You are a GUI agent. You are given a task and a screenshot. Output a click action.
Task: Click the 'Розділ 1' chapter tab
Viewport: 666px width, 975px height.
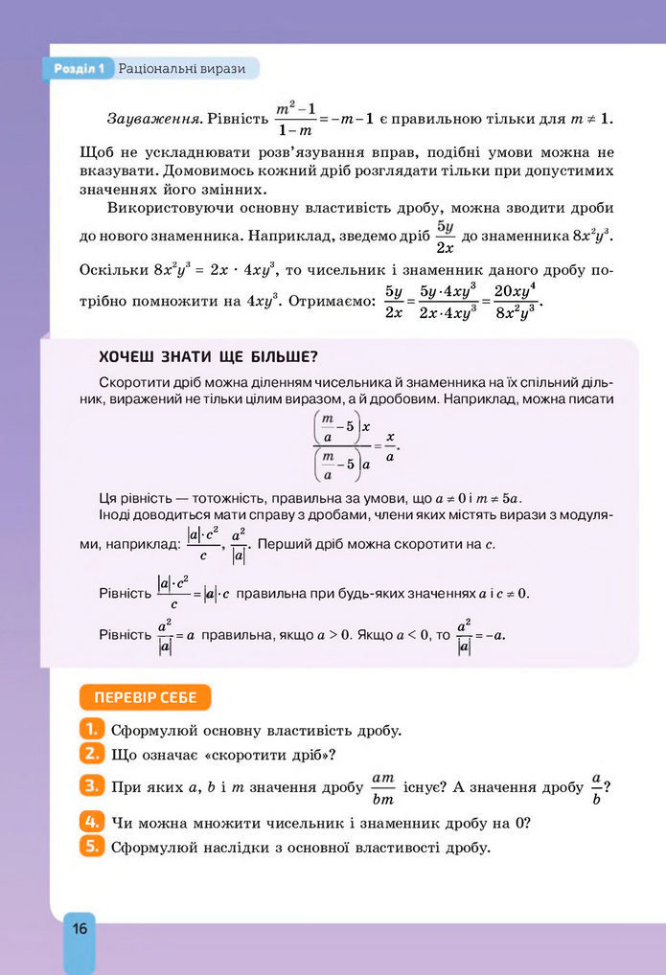(x=79, y=69)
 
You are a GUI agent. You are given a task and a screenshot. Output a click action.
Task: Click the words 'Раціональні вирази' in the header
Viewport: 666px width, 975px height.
(x=181, y=69)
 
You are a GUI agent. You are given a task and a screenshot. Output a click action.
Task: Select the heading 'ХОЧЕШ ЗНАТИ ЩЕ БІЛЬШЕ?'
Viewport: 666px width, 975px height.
(x=208, y=357)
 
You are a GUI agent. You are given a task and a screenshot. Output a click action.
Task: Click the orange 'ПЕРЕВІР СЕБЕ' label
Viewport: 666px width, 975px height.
(x=144, y=695)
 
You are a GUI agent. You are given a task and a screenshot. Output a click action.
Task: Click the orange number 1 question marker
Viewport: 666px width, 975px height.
(x=92, y=729)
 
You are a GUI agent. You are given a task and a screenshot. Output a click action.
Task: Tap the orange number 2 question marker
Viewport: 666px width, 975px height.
(x=92, y=753)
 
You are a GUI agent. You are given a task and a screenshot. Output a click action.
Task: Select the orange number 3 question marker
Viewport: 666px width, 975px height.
(x=92, y=786)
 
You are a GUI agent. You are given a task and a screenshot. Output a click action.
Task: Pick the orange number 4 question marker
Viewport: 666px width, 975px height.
(x=92, y=822)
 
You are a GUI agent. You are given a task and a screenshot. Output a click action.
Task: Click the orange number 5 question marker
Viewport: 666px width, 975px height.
(x=92, y=846)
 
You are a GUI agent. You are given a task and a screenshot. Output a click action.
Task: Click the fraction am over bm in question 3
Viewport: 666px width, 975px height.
(x=382, y=788)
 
